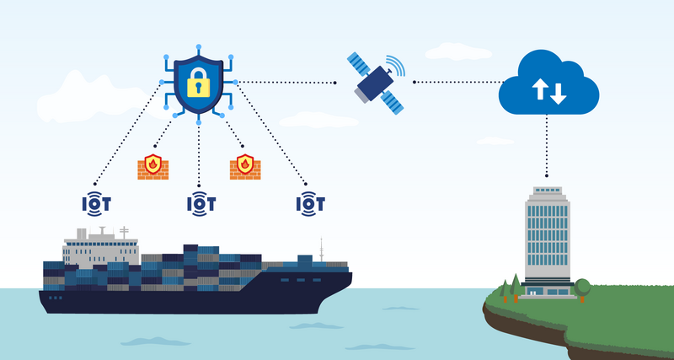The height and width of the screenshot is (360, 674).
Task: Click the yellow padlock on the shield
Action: tap(199, 82)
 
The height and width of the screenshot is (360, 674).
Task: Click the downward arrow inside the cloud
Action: tap(558, 92)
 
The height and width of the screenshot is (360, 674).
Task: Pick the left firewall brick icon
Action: tap(152, 165)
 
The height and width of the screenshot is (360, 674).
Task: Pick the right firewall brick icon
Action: tap(244, 165)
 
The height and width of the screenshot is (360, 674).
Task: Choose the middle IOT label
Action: tap(201, 203)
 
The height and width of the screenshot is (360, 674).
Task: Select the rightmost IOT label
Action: tap(310, 203)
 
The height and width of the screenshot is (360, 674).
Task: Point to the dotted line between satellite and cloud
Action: tap(455, 83)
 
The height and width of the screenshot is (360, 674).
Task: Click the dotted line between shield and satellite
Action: tap(286, 83)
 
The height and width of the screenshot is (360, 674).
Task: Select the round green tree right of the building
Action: tap(582, 287)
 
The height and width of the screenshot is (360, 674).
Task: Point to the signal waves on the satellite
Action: tap(396, 66)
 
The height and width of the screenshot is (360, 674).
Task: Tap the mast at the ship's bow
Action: tap(321, 250)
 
